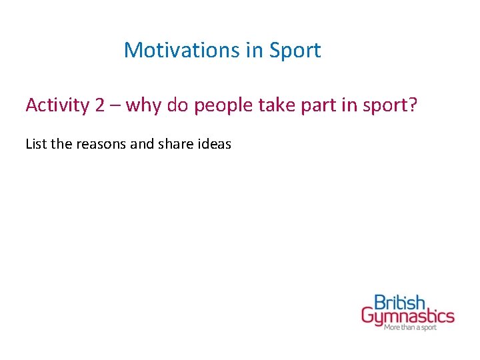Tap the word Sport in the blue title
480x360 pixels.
pyautogui.click(x=295, y=50)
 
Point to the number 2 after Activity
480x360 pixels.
pyautogui.click(x=100, y=105)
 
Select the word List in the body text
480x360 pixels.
pyautogui.click(x=35, y=143)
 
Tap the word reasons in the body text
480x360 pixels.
pyautogui.click(x=101, y=144)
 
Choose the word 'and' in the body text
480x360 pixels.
pyautogui.click(x=141, y=143)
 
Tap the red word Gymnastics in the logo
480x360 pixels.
pyautogui.click(x=407, y=317)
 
